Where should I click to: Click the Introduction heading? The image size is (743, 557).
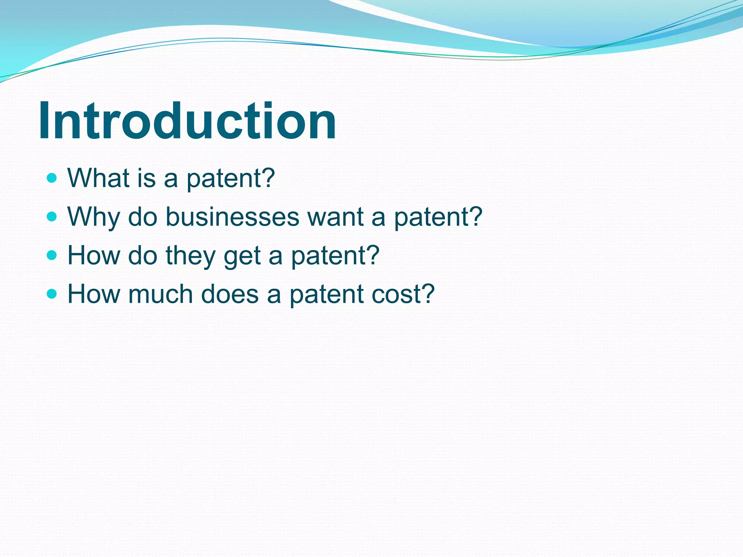coord(187,121)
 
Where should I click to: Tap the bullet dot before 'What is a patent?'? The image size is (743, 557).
coord(52,178)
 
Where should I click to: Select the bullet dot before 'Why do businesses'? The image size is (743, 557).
coord(52,217)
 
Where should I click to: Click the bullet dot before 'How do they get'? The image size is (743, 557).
coord(52,255)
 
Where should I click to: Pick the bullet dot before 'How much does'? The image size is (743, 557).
coord(52,294)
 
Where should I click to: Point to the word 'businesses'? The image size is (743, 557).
coord(232,217)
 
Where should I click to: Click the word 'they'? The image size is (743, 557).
coord(191,255)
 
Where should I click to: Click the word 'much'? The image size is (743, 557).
coord(160,294)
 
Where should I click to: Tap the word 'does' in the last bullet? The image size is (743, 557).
coord(230,294)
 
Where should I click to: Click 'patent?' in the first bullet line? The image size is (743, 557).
coord(231,179)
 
